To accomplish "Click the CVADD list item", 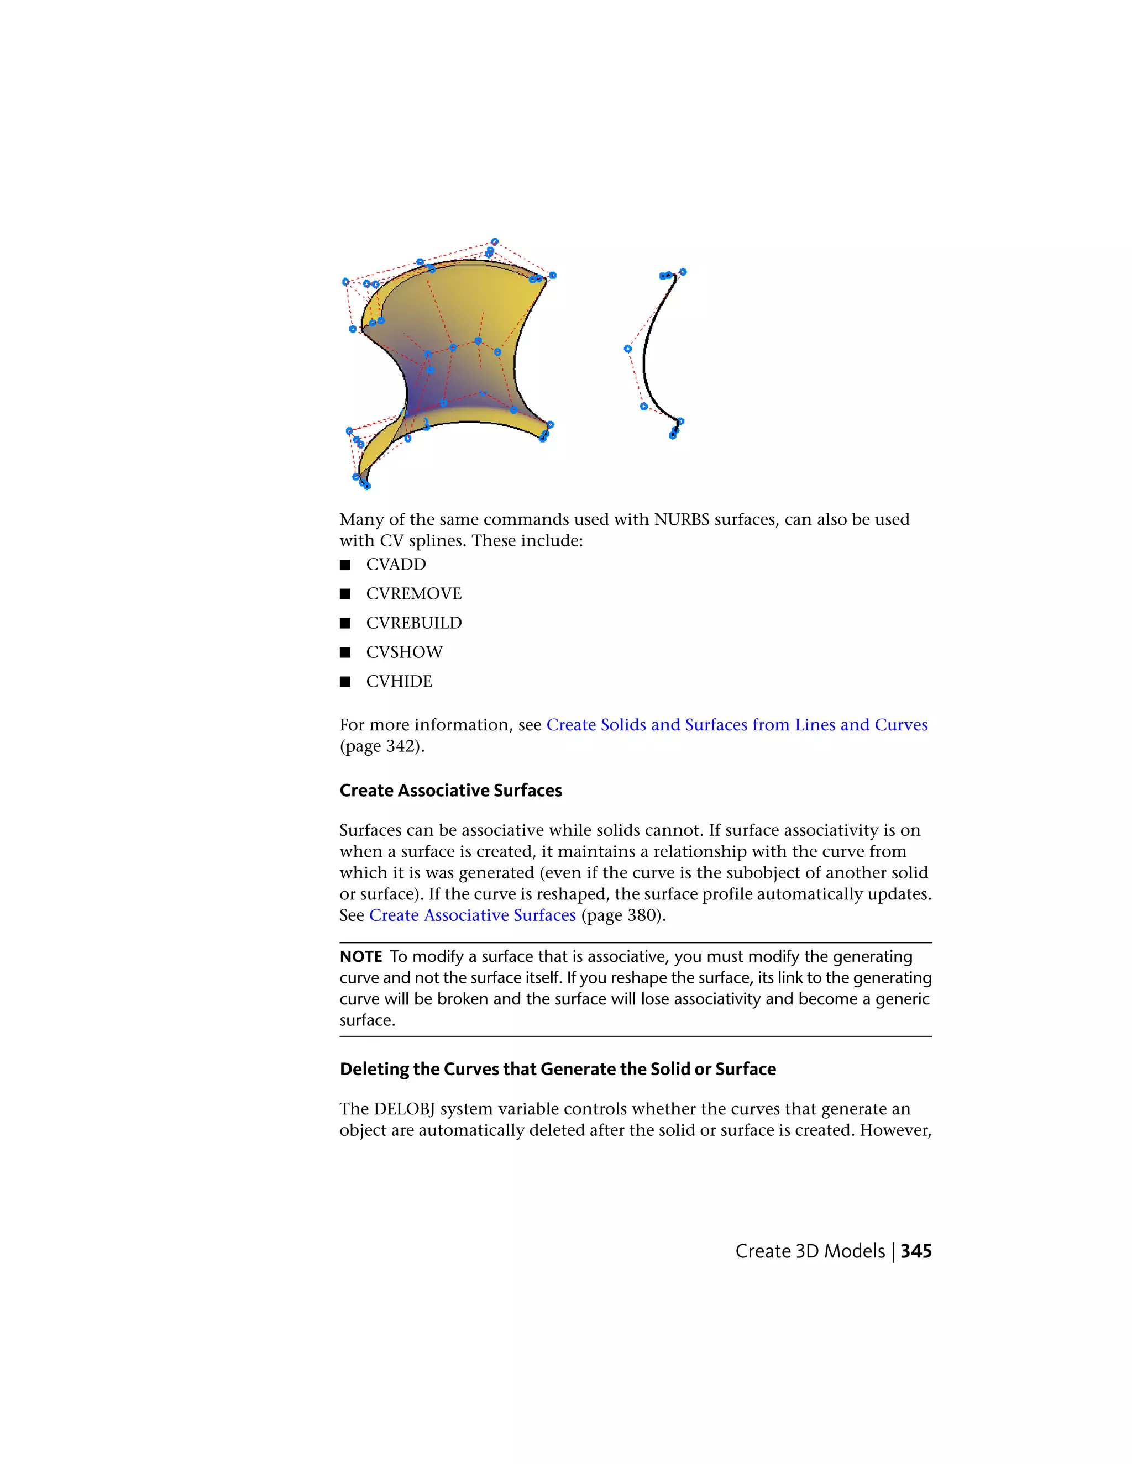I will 396,565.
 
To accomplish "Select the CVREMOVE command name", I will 414,594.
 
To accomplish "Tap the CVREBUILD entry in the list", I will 414,623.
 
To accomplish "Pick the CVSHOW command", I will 405,652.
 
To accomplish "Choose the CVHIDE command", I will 399,681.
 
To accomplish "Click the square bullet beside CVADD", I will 345,565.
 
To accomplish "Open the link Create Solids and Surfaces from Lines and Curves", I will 736,725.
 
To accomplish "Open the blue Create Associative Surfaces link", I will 472,915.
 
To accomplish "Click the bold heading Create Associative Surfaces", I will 450,791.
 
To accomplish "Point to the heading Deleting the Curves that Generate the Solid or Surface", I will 557,1068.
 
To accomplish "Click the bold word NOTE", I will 361,956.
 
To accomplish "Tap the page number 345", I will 916,1251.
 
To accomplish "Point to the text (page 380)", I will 623,915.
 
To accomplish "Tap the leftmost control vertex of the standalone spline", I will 628,349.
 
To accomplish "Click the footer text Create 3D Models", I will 810,1251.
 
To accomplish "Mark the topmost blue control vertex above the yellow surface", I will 495,241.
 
